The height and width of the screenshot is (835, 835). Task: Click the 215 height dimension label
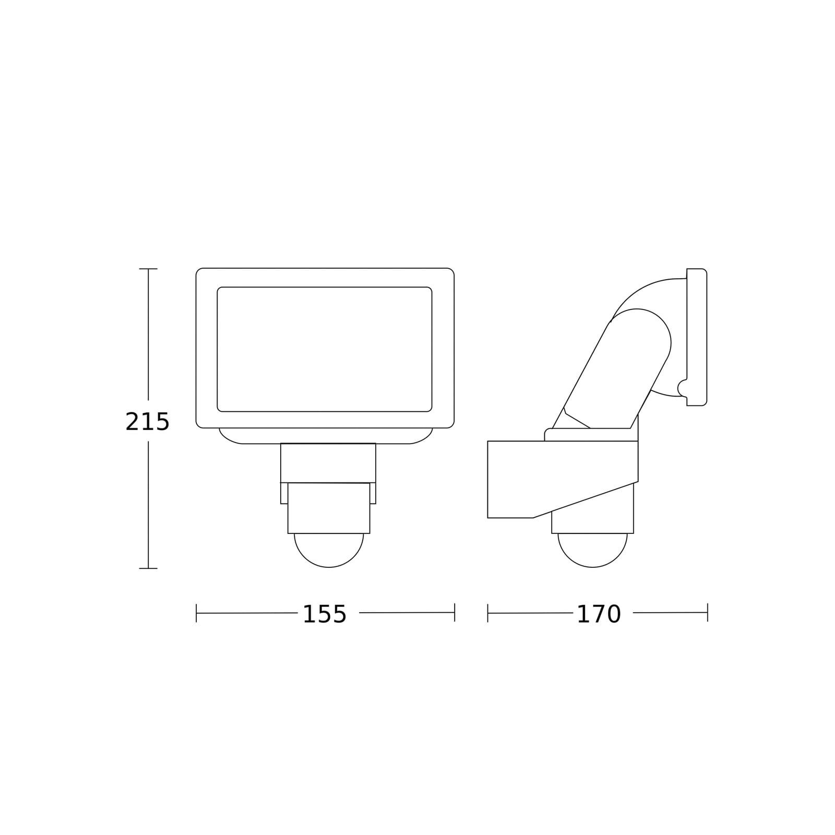tap(148, 422)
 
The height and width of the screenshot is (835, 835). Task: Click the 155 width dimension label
tap(325, 614)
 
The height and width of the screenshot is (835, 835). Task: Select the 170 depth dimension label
tap(599, 614)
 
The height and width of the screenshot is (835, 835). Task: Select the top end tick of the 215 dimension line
tap(148, 269)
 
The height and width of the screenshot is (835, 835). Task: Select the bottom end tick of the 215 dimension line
tap(148, 568)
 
